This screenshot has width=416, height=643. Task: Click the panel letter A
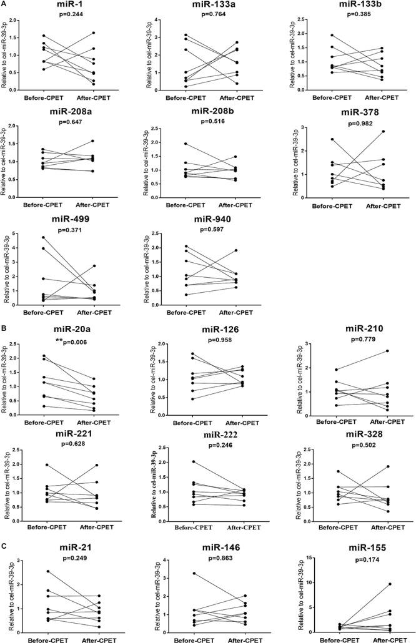[5, 4]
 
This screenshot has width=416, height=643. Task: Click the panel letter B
[5, 326]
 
